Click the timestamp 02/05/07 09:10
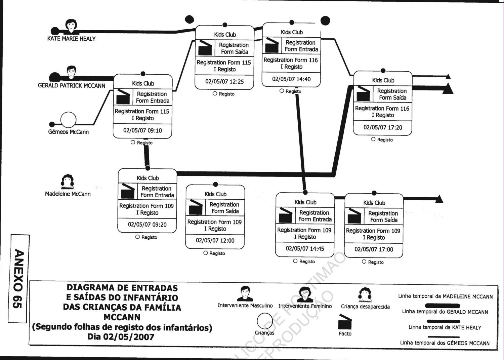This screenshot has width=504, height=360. tap(142, 130)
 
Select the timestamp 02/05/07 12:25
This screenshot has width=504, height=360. tap(224, 81)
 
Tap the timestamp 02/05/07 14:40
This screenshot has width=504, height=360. tap(291, 79)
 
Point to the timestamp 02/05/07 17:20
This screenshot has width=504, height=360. tap(383, 127)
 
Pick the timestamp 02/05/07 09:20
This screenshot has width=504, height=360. tap(147, 225)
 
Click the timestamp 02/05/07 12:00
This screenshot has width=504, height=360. tap(215, 241)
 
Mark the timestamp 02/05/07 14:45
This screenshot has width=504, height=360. tap(305, 249)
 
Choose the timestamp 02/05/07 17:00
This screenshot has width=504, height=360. tap(374, 249)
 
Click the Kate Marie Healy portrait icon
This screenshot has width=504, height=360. tap(71, 27)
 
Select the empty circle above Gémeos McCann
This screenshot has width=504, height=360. tap(68, 120)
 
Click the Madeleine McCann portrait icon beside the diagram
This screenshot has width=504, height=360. tap(68, 182)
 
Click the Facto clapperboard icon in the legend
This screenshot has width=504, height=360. tap(345, 322)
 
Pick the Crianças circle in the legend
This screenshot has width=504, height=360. tap(265, 321)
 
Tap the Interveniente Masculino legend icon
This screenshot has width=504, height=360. tap(245, 294)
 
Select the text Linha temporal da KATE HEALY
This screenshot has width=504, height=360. tap(445, 327)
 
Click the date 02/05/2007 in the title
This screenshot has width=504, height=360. tap(121, 336)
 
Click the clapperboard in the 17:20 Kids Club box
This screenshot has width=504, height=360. tap(363, 94)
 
